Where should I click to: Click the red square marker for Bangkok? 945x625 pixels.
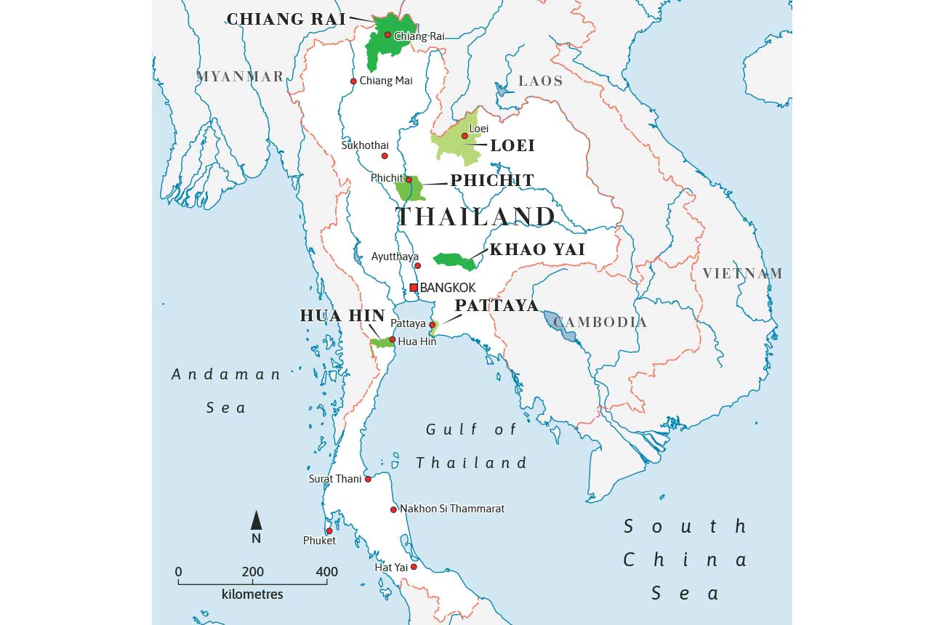(414, 288)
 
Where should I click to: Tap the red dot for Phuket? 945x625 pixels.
(329, 531)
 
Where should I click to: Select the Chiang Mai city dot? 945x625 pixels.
(353, 81)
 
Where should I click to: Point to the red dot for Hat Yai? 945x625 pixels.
(414, 567)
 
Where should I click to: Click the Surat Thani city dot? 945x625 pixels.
(368, 479)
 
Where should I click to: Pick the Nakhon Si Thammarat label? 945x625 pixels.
(452, 509)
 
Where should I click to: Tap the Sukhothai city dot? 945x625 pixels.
(385, 156)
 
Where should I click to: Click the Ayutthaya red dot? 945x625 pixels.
(417, 265)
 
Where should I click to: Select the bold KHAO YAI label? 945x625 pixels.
(537, 249)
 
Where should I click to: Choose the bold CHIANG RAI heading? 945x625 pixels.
(286, 19)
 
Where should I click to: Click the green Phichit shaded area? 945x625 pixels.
(409, 191)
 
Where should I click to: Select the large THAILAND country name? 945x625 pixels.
(475, 217)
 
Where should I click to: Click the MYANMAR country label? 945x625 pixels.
(240, 76)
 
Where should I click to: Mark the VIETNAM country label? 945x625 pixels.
(742, 273)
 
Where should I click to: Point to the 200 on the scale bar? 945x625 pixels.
(253, 572)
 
